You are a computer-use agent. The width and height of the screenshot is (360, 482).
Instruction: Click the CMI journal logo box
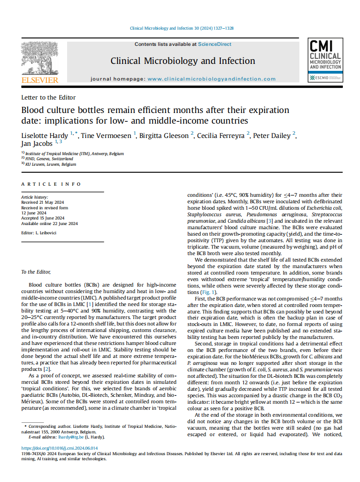[325, 61]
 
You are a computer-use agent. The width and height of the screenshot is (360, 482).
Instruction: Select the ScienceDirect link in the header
[215, 44]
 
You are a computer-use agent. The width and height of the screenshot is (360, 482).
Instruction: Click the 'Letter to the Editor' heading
[49, 98]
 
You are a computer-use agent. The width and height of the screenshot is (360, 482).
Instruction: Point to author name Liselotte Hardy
[44, 136]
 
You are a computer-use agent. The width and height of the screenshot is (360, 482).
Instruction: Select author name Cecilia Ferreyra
[222, 136]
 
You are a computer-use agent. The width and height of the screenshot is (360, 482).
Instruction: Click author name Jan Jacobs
[37, 144]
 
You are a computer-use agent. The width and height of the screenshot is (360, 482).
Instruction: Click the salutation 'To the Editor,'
[36, 272]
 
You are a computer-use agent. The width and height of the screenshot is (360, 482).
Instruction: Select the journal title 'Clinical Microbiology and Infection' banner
[183, 61]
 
